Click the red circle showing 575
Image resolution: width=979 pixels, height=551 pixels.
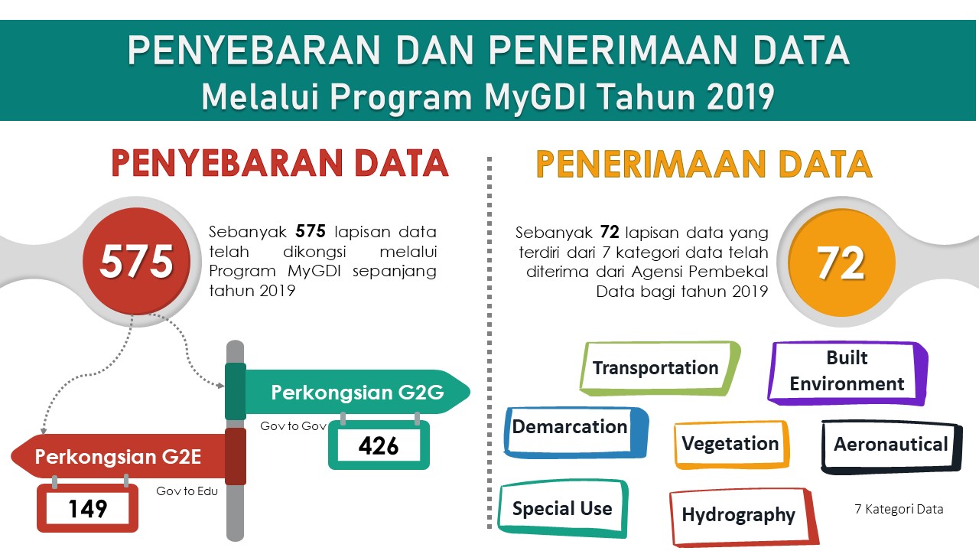136,262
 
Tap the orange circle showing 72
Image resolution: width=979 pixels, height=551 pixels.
842,262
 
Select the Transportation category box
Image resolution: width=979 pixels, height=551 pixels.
659,368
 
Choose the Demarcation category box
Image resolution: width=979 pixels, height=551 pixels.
575,432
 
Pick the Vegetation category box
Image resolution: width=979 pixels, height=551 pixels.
732,445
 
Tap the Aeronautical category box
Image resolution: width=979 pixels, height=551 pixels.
892,446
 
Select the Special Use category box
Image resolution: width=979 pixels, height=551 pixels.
563,509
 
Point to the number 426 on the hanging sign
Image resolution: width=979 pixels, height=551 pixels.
379,446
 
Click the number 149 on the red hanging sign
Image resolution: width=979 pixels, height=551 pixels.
88,509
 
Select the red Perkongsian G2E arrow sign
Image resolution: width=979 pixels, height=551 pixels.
118,457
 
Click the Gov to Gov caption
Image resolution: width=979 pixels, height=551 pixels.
293,426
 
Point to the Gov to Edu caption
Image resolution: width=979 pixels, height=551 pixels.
187,491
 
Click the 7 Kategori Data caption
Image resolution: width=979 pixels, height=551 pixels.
899,509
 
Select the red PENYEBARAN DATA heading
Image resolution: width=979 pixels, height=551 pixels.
280,163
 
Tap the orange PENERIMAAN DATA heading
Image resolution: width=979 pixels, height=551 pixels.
704,164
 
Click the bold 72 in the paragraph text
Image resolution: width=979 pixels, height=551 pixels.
610,232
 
